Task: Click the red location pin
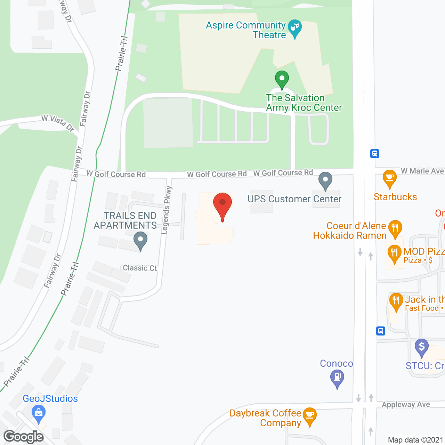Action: pyautogui.click(x=222, y=203)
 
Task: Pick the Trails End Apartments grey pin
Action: pyautogui.click(x=140, y=240)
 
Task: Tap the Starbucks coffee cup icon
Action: pyautogui.click(x=389, y=178)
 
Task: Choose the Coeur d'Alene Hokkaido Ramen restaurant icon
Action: pyautogui.click(x=395, y=228)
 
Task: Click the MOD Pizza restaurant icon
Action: pyautogui.click(x=394, y=253)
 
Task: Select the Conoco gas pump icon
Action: pyautogui.click(x=337, y=378)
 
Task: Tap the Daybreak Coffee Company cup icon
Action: pyautogui.click(x=309, y=415)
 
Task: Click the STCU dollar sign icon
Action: pyautogui.click(x=422, y=347)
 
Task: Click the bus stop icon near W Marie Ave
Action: pyautogui.click(x=375, y=153)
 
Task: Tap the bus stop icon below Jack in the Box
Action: pyautogui.click(x=381, y=331)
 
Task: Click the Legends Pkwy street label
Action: pyautogui.click(x=167, y=210)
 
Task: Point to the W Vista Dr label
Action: pyautogui.click(x=58, y=123)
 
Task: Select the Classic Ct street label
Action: pyautogui.click(x=140, y=268)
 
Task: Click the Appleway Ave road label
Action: pyautogui.click(x=406, y=405)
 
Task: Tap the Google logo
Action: pyautogui.click(x=24, y=437)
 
